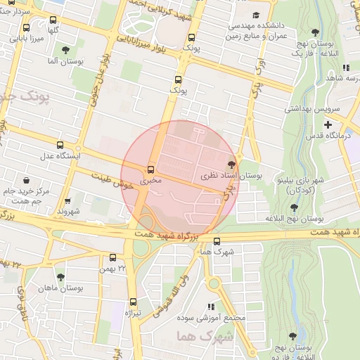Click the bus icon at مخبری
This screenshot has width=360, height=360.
150,170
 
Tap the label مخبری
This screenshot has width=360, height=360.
150,181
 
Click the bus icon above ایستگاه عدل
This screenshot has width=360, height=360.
60,144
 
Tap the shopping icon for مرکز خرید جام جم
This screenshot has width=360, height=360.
26,179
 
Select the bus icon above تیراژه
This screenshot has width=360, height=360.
129,302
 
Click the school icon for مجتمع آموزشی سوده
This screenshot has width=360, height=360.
210,307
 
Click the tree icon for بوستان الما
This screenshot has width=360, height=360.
65,50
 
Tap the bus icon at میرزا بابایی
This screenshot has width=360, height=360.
26,28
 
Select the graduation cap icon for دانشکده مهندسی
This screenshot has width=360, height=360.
257,15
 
